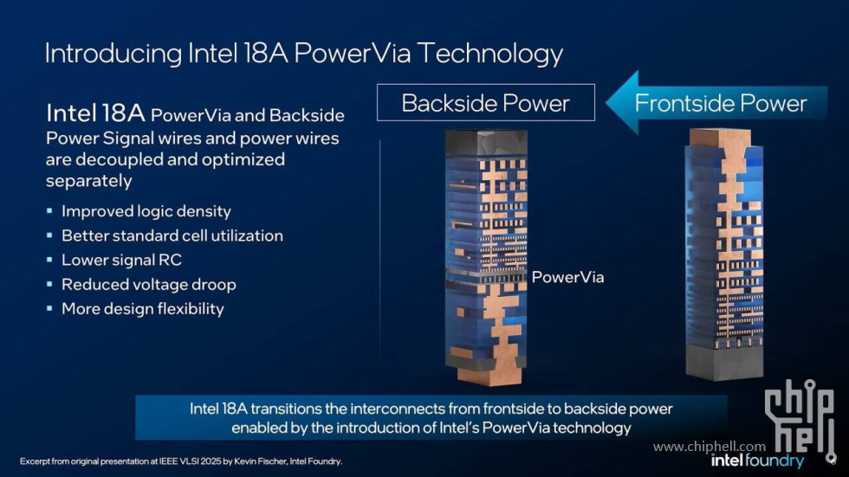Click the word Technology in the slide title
click(489, 54)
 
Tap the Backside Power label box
click(486, 102)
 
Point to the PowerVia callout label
click(567, 277)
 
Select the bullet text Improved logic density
click(146, 211)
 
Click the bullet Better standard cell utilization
click(172, 235)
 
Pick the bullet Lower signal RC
click(121, 260)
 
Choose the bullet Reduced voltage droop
click(148, 284)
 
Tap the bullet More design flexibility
click(142, 308)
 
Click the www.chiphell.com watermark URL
click(710, 446)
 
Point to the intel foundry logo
click(757, 461)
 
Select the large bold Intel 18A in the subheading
click(95, 113)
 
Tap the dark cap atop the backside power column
click(486, 143)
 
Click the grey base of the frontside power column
click(724, 362)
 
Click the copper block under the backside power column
click(489, 374)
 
